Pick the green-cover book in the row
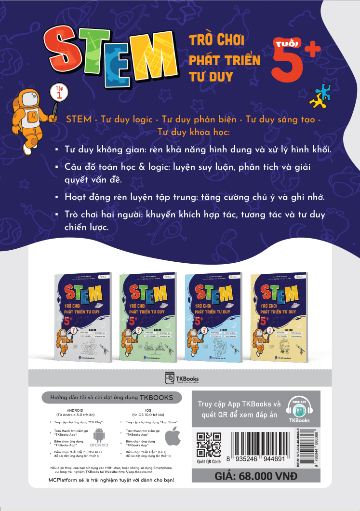click(x=147, y=316)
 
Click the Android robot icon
click(x=100, y=437)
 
